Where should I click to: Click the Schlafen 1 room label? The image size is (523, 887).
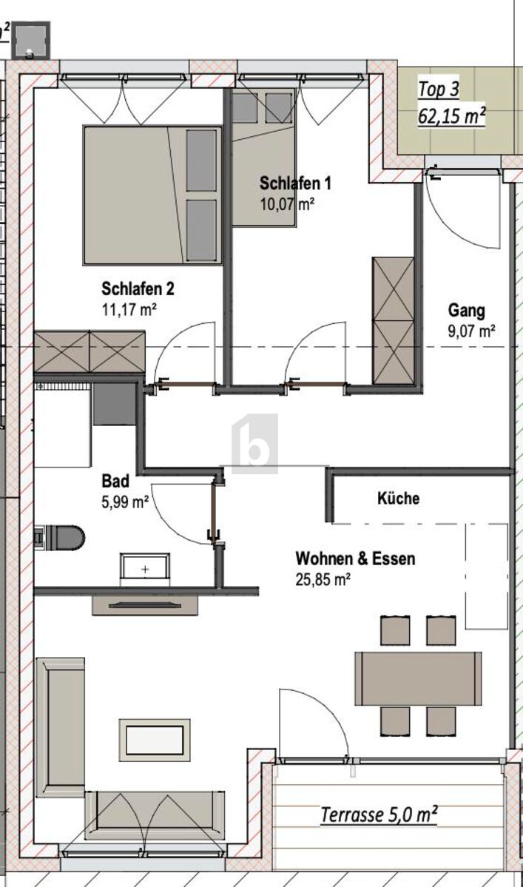[294, 183]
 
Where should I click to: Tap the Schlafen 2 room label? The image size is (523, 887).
[138, 289]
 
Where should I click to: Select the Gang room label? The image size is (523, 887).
[466, 310]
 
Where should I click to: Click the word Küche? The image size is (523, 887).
[398, 498]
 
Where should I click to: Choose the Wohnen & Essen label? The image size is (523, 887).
[355, 558]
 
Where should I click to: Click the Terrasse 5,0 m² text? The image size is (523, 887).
[378, 815]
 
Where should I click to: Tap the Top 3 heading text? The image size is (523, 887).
[439, 90]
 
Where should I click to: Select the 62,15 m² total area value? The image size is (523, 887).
[451, 116]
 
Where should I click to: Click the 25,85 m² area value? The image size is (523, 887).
[323, 579]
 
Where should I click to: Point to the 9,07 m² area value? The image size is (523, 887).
[471, 331]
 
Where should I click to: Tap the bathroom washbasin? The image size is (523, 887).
[145, 568]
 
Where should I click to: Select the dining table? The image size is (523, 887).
[418, 678]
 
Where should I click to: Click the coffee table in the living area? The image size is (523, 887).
[155, 740]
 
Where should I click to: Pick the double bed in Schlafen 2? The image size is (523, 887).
[152, 195]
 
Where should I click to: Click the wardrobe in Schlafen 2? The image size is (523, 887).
[90, 351]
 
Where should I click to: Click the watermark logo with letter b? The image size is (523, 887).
[254, 444]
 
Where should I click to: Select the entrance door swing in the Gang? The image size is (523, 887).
[462, 215]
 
